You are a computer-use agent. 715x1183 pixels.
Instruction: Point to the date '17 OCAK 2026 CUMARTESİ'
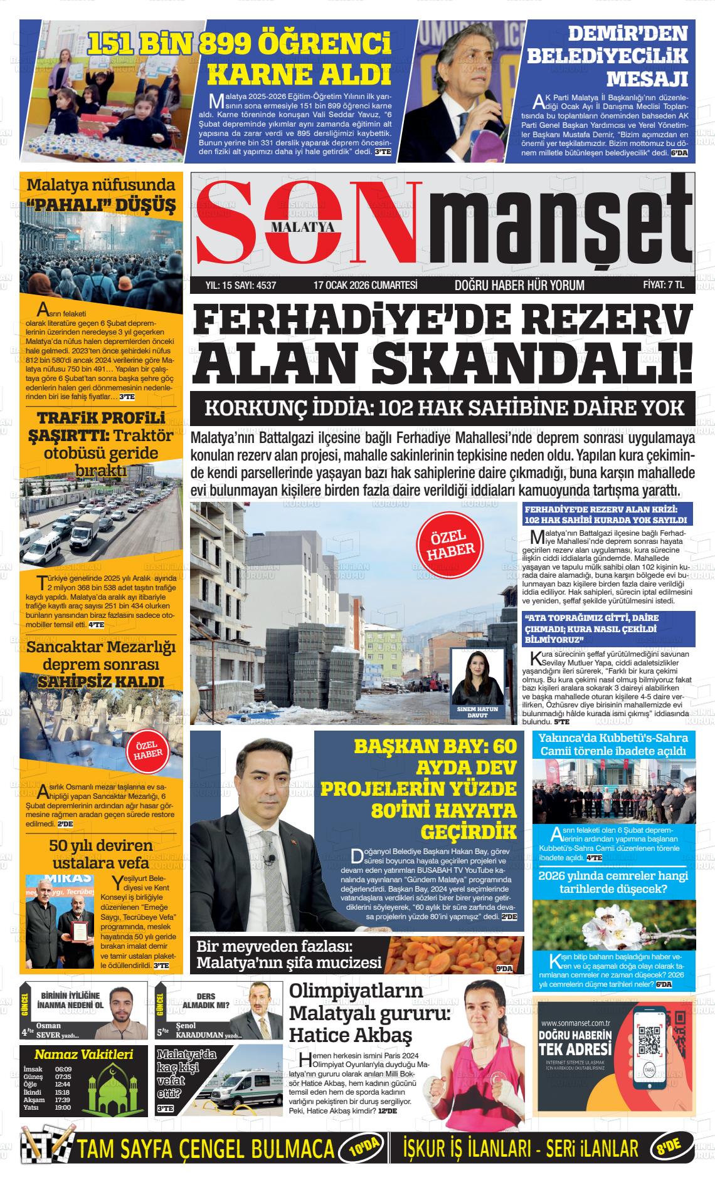[x=356, y=285]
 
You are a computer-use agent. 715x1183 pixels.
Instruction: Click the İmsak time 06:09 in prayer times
[x=63, y=1069]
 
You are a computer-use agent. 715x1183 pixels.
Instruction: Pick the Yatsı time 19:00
[x=63, y=1107]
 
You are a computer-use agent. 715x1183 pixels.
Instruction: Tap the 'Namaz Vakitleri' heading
[x=83, y=1055]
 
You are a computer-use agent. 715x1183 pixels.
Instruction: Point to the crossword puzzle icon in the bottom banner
[x=46, y=1148]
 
